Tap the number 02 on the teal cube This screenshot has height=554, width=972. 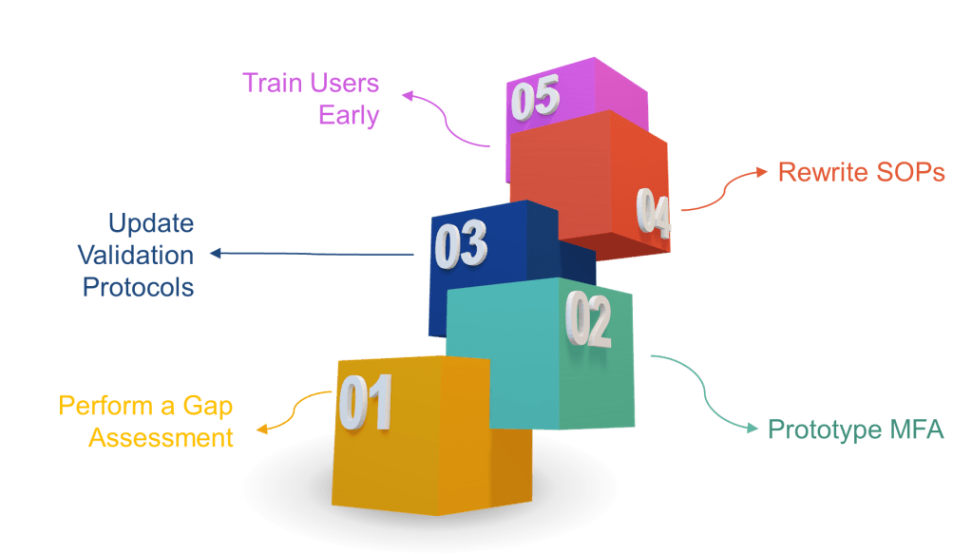click(589, 319)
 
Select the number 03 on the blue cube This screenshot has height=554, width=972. click(461, 245)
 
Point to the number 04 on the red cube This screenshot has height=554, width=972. click(654, 213)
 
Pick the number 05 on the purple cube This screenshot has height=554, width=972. click(535, 99)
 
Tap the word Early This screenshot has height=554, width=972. click(349, 116)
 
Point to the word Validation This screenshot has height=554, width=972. click(136, 255)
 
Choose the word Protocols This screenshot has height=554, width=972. click(138, 286)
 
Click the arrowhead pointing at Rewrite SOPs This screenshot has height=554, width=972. click(762, 171)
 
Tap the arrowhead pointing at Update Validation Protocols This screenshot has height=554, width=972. click(215, 254)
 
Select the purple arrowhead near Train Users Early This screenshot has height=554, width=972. click(407, 94)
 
